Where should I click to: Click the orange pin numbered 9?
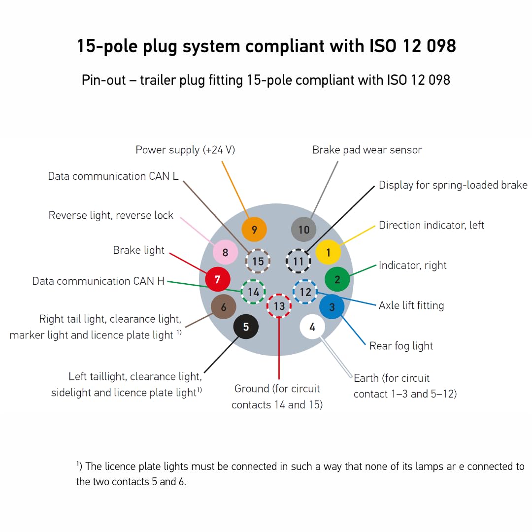click(x=254, y=230)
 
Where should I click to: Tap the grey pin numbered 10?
click(x=304, y=230)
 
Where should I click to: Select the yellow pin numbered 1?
click(x=329, y=253)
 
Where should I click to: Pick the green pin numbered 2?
click(x=337, y=280)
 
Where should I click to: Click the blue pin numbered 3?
click(x=332, y=307)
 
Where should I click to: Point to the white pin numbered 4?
click(x=312, y=327)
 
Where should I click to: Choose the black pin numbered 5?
click(x=246, y=327)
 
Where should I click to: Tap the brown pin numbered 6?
click(x=224, y=307)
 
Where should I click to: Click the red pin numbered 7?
click(x=218, y=279)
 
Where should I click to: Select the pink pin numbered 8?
click(x=225, y=253)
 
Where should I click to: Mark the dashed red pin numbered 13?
click(x=279, y=306)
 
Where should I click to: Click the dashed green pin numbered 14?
click(x=253, y=292)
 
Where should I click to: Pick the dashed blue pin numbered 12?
click(x=305, y=292)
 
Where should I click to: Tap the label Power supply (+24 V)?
click(x=185, y=150)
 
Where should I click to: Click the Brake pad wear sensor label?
click(x=367, y=150)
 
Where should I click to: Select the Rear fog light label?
click(x=401, y=346)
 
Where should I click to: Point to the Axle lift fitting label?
click(x=411, y=305)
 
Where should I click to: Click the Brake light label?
click(x=139, y=250)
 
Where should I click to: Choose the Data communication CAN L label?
click(x=113, y=176)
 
